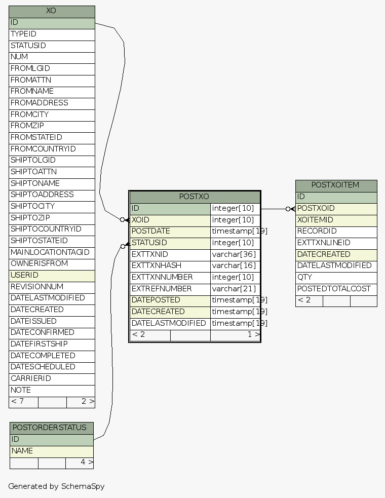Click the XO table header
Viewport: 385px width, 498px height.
[51, 11]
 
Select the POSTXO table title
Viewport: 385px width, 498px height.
[194, 197]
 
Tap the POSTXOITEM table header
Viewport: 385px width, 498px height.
[335, 185]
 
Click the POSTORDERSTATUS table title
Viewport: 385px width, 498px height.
[51, 428]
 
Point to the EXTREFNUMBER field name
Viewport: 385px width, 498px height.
[162, 289]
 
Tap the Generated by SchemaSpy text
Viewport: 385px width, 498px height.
[56, 486]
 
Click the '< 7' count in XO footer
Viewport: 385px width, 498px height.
[17, 401]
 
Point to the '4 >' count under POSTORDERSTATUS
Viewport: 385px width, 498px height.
[86, 462]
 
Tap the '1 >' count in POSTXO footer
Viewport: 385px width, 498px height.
[253, 334]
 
